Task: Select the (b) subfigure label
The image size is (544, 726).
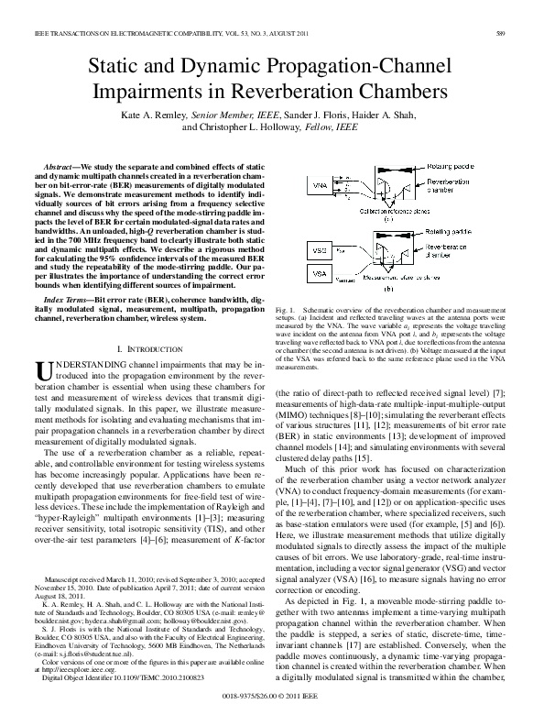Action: click(x=388, y=290)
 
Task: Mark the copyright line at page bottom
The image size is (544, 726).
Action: click(x=272, y=697)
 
